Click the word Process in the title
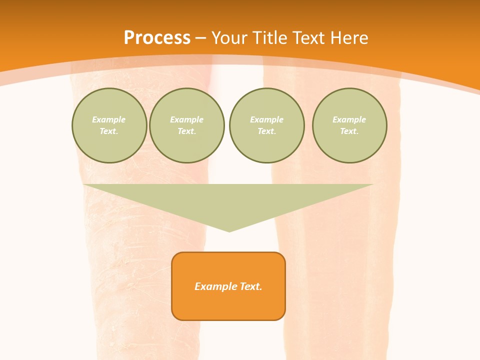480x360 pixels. (157, 38)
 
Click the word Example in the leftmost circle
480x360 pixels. (109, 119)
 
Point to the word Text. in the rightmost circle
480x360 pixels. (349, 131)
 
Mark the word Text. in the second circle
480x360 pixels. (186, 131)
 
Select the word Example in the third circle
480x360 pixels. (266, 119)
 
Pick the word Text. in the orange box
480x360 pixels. (250, 286)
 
